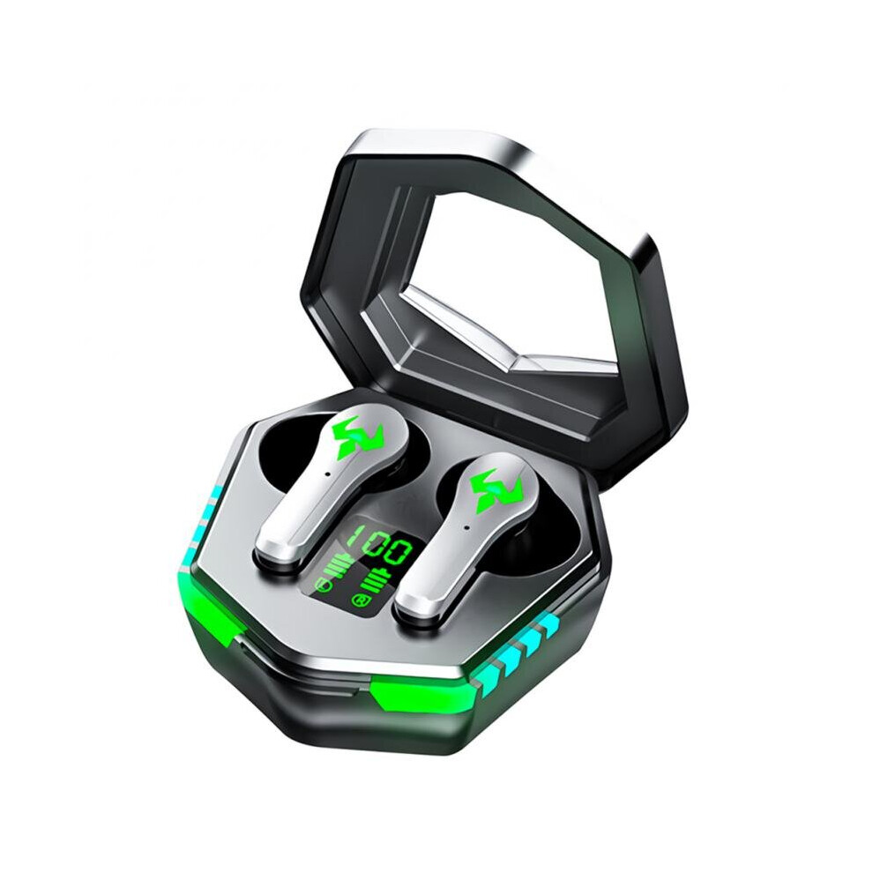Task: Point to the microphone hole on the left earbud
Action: [x=328, y=474]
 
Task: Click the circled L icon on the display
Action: [x=321, y=585]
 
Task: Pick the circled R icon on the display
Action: [x=361, y=601]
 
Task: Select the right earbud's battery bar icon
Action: [x=375, y=582]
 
